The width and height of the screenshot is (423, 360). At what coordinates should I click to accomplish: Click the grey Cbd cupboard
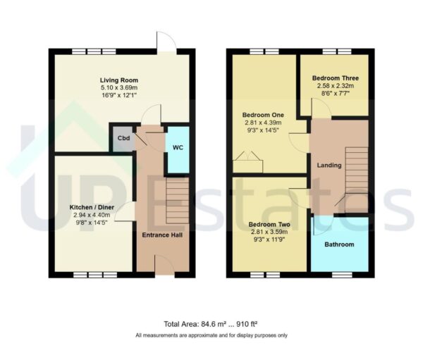(x=123, y=138)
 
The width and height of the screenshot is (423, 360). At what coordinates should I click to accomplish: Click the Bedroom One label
(x=261, y=114)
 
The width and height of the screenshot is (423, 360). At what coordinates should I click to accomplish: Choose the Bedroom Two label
(x=266, y=225)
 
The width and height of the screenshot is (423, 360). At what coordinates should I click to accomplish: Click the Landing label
(x=329, y=166)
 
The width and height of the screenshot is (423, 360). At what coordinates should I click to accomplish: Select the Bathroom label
(x=339, y=244)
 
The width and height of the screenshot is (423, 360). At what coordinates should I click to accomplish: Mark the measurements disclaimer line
(x=211, y=335)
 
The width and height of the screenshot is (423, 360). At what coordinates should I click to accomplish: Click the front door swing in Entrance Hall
(x=161, y=265)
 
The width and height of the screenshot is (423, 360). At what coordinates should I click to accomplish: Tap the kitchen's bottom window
(x=90, y=274)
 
